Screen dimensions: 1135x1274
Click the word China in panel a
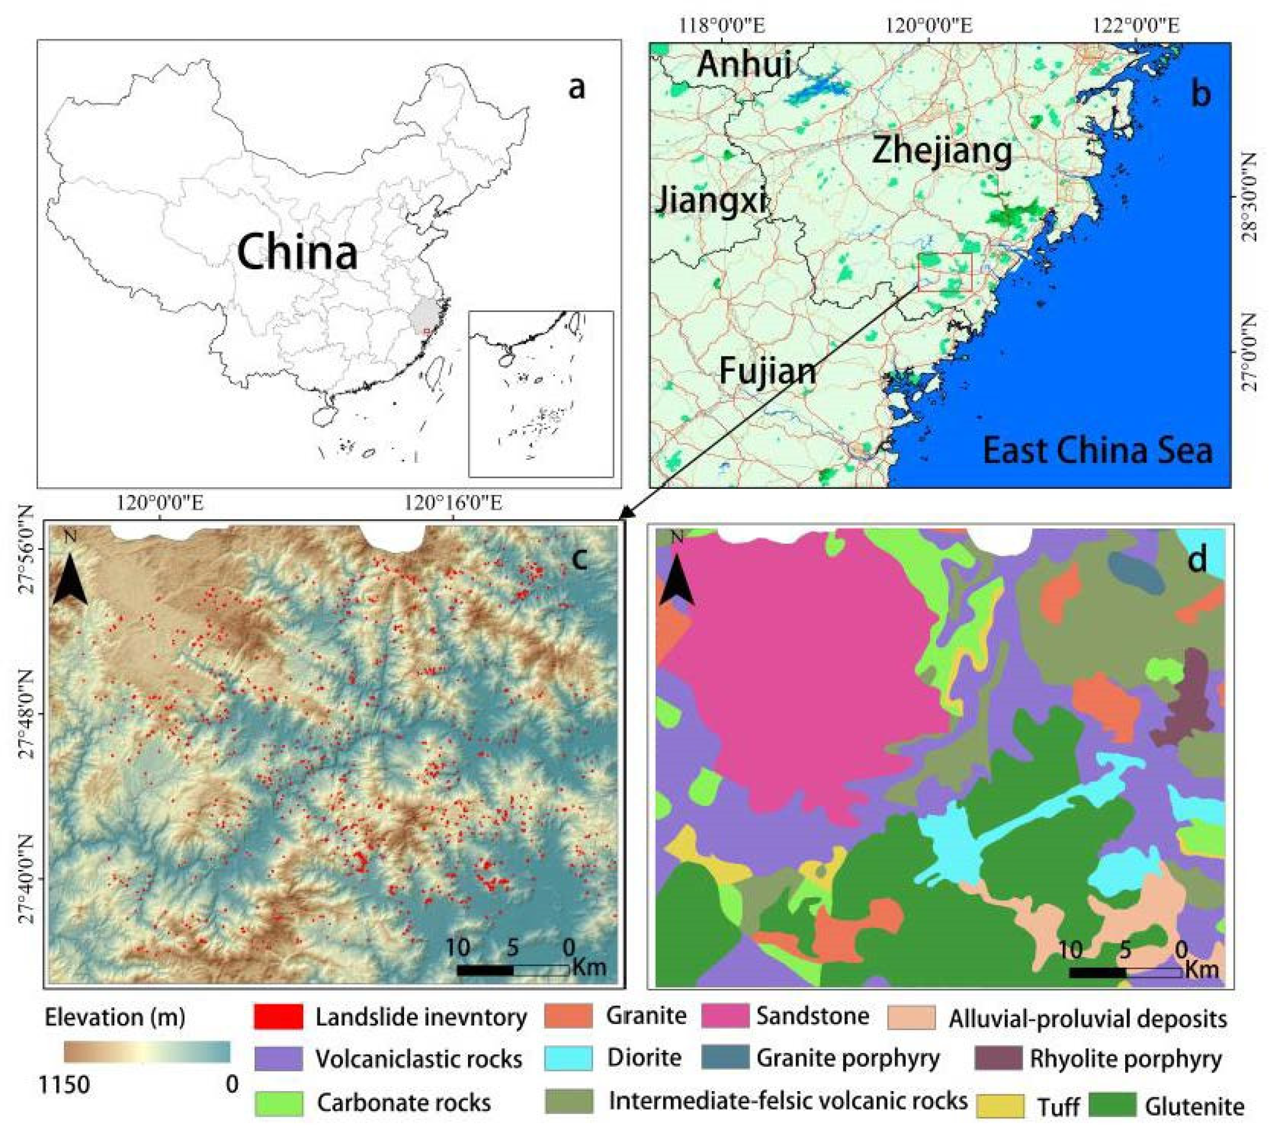click(298, 253)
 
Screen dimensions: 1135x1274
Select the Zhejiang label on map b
click(942, 151)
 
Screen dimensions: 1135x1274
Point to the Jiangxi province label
click(711, 201)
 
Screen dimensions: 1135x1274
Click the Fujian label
click(768, 371)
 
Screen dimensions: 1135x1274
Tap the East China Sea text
click(1097, 451)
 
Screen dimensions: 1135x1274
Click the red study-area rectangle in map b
click(945, 273)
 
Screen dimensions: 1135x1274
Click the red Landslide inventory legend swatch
click(278, 1017)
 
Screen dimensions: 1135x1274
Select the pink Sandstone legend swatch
click(725, 1016)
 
